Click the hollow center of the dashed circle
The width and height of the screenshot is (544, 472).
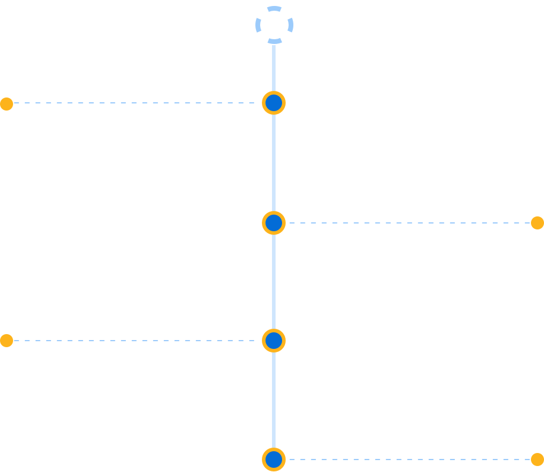point(274,25)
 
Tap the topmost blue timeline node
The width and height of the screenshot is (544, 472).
point(274,103)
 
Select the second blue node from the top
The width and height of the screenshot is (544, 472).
point(274,223)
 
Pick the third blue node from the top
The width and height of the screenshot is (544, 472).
point(274,341)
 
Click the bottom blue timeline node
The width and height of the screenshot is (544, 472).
point(274,460)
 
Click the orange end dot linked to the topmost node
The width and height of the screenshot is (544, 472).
point(7,104)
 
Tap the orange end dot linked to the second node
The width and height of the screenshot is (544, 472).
point(537,223)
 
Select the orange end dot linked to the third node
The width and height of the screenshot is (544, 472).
point(7,341)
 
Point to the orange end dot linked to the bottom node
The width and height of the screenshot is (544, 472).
point(537,460)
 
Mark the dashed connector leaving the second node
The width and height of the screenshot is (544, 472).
point(410,223)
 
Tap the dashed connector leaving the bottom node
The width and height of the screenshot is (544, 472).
point(410,460)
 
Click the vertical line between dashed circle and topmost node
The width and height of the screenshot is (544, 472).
point(274,67)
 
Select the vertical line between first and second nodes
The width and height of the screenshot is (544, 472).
point(274,163)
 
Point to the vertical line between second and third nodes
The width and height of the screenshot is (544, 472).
point(274,282)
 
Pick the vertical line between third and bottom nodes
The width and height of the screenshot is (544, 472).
point(274,400)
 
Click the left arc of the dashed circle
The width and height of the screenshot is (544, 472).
point(258,25)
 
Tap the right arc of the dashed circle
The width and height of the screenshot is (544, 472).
point(290,25)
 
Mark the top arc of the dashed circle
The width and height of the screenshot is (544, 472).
point(274,8)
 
